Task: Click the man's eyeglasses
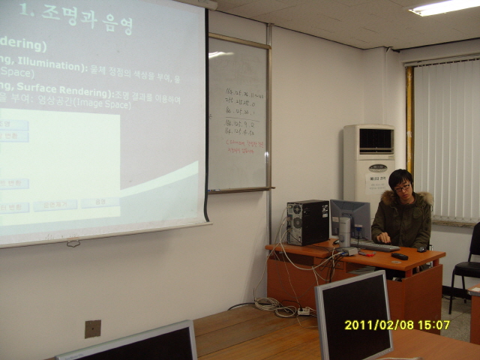click(402, 188)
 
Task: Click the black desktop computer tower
click(307, 222)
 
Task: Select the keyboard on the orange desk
click(375, 246)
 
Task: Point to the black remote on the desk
click(399, 256)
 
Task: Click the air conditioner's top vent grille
click(375, 140)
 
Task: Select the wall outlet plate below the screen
click(92, 328)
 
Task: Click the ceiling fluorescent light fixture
click(445, 7)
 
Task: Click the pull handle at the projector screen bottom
click(73, 242)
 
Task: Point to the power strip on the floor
click(304, 310)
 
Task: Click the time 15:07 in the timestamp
click(434, 325)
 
